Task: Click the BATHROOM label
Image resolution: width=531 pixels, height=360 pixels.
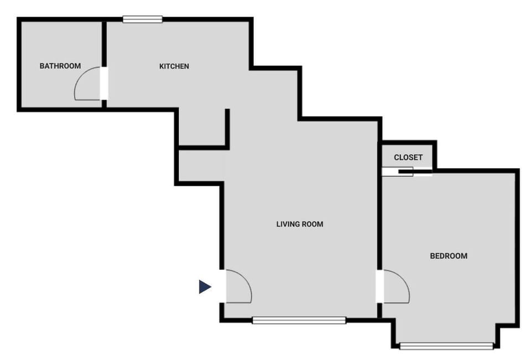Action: tap(60, 66)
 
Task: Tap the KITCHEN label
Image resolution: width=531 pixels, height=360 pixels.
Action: tap(174, 66)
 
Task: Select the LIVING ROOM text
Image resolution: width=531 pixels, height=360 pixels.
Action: tap(299, 225)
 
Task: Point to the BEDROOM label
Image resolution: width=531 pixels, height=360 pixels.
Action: tap(448, 256)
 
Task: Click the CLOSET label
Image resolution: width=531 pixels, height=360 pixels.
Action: tap(408, 158)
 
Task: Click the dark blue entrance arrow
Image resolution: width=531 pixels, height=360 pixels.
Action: tap(205, 286)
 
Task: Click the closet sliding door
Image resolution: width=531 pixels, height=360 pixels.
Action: tap(407, 172)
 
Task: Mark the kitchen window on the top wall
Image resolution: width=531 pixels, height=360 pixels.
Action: tap(142, 19)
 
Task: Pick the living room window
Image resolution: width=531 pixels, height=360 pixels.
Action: tap(299, 320)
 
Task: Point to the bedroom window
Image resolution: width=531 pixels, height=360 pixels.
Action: tap(446, 347)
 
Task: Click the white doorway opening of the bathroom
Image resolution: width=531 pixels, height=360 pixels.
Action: tap(103, 84)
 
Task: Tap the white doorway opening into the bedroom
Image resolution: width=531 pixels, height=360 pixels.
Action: tap(379, 286)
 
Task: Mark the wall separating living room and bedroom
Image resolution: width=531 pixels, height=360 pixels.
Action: tap(379, 221)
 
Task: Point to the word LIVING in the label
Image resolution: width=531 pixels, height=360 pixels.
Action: tap(287, 225)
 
